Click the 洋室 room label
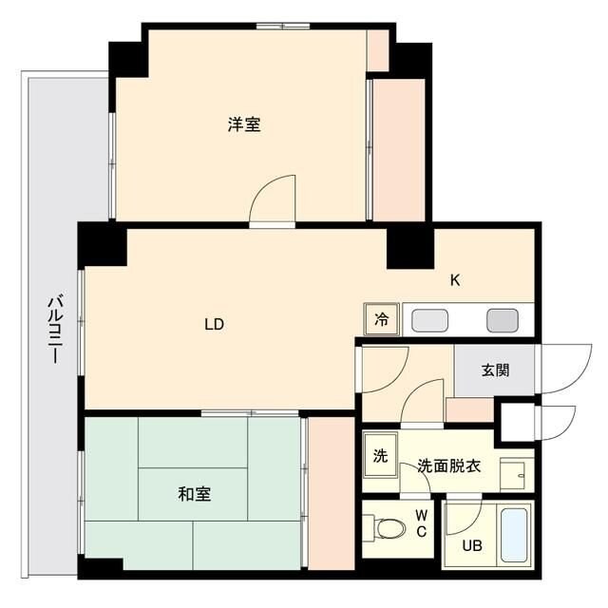[244, 124]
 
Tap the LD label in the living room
[214, 324]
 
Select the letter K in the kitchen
[455, 280]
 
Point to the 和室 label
[194, 494]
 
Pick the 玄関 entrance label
[494, 370]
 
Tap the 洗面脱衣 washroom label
[449, 466]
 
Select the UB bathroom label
[472, 545]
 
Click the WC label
[421, 523]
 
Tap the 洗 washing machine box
[379, 455]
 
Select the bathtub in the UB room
[517, 535]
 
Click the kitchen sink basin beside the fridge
[429, 320]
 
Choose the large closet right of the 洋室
[398, 149]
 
